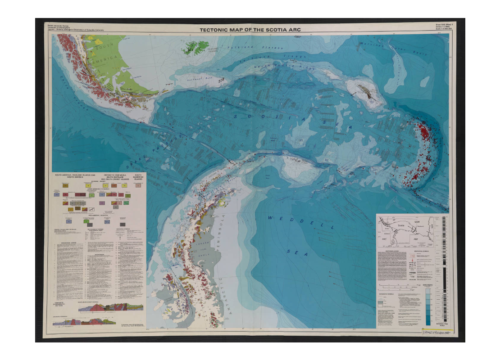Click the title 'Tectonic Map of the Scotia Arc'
250,30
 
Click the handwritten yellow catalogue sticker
437,332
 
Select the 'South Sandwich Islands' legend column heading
138,177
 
